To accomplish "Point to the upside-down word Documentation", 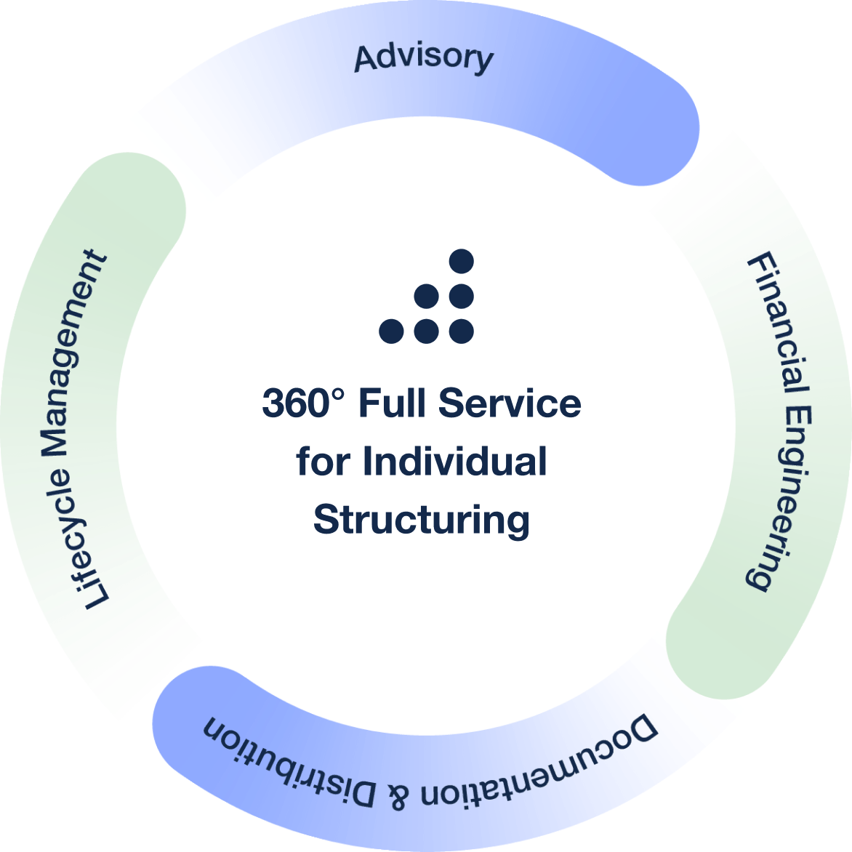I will [538, 771].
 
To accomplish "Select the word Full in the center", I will [393, 403].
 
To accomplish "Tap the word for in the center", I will [323, 462].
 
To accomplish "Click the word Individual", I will [454, 462].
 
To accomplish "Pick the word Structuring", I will [422, 520].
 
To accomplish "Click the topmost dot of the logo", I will [462, 260].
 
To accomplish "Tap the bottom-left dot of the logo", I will [391, 331].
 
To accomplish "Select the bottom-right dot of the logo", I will [462, 331].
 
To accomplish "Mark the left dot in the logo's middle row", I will [427, 296].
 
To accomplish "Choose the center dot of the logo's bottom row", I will [427, 331].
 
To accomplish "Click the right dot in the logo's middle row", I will [462, 296].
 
